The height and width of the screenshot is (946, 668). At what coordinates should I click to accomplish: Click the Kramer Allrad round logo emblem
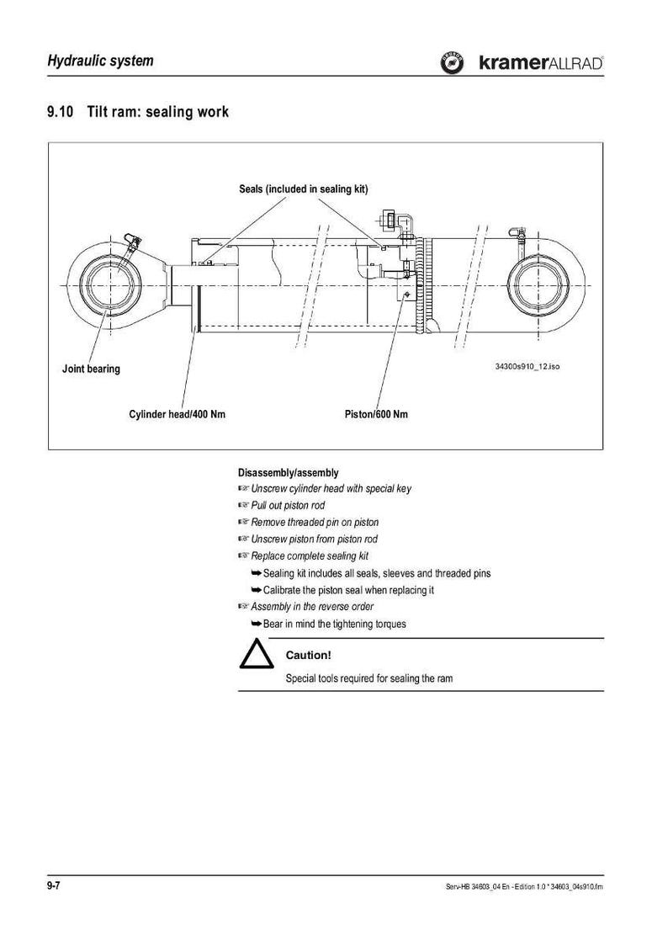click(x=452, y=63)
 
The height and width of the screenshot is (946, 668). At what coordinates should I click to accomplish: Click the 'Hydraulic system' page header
click(x=100, y=61)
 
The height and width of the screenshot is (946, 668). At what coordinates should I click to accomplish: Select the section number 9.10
click(x=61, y=112)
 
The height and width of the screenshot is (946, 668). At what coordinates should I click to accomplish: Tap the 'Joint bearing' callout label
click(x=91, y=369)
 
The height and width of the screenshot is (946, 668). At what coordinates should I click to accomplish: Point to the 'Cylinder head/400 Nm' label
click(x=178, y=414)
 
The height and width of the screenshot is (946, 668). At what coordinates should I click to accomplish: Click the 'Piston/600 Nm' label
click(x=376, y=414)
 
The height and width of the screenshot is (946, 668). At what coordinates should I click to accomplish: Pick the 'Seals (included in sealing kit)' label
click(x=303, y=189)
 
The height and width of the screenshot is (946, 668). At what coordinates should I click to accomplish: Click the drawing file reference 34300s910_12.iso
click(x=527, y=366)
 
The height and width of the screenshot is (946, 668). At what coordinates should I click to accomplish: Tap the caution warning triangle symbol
click(x=257, y=655)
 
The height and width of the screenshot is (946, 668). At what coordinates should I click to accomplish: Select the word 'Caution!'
click(x=308, y=655)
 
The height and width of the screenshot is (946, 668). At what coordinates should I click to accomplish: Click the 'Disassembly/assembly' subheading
click(x=289, y=472)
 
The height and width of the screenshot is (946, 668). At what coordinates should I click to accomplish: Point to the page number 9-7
click(x=54, y=885)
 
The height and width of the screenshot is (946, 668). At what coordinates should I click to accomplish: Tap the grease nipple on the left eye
click(x=130, y=242)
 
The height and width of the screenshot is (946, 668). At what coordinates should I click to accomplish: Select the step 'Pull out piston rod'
click(x=288, y=506)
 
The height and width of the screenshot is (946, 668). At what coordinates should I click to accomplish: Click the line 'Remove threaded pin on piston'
click(x=315, y=523)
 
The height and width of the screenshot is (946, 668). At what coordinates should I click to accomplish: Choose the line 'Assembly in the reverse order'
click(x=312, y=607)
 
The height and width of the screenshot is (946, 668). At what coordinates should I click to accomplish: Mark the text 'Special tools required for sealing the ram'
click(x=369, y=678)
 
